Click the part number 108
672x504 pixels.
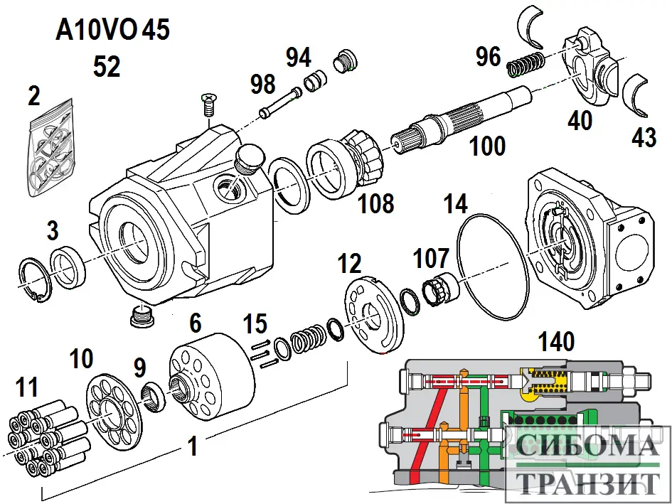pyautogui.click(x=376, y=203)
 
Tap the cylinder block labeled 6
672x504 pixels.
pyautogui.click(x=212, y=372)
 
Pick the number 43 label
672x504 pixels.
pyautogui.click(x=644, y=136)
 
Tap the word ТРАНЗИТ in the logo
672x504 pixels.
pyautogui.click(x=586, y=483)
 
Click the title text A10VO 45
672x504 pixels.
pyautogui.click(x=114, y=31)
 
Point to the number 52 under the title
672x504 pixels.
pyautogui.click(x=107, y=67)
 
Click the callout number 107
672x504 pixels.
pyautogui.click(x=432, y=259)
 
